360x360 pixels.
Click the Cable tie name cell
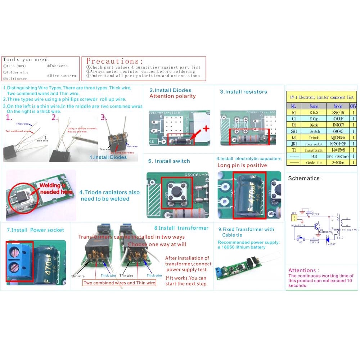[x=314, y=163]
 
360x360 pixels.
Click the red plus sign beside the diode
[x=206, y=129]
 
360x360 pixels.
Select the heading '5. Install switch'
[x=169, y=161]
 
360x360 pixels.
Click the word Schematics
[x=304, y=178]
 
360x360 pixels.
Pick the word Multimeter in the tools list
[x=17, y=79]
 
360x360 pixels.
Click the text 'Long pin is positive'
[x=242, y=165]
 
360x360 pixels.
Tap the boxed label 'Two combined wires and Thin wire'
[x=120, y=283]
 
